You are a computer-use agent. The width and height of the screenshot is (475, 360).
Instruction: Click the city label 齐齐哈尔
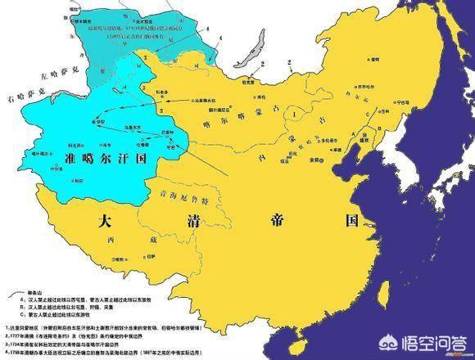358,83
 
